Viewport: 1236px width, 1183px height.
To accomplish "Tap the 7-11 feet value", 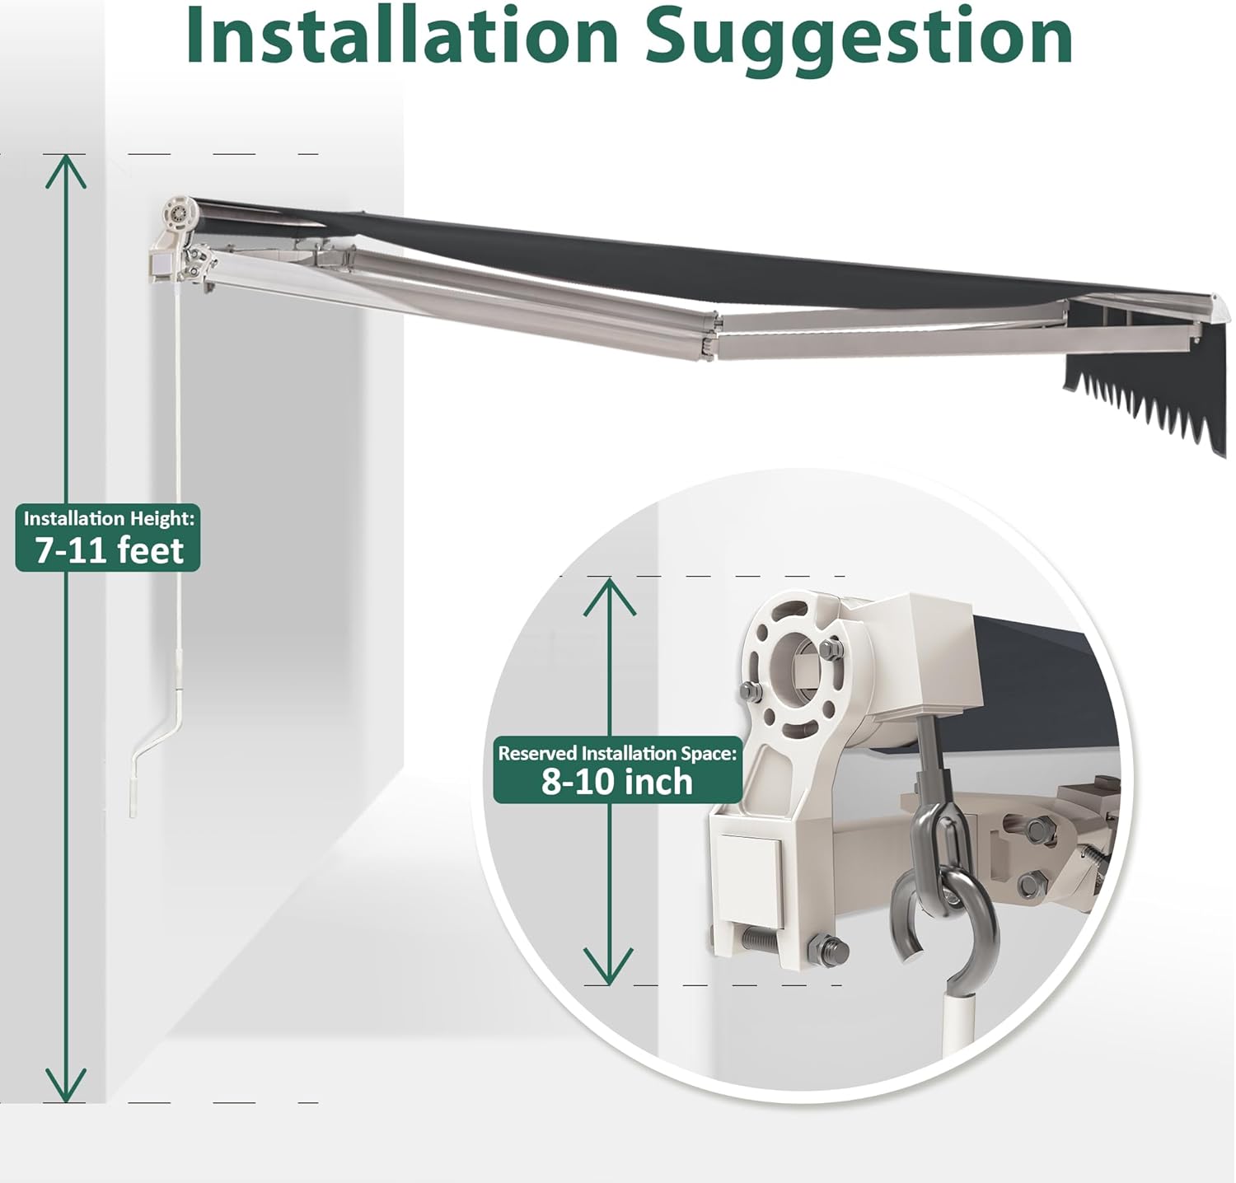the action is tap(109, 550).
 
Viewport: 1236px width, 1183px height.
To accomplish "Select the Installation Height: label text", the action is tap(109, 519).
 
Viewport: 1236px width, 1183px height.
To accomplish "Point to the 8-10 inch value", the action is tap(617, 781).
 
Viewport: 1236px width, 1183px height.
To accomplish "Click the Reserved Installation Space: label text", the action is tap(617, 753).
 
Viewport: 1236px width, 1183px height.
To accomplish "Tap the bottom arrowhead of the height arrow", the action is tap(65, 1085).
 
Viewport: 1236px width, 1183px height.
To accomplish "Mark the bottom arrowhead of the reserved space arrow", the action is tap(609, 966).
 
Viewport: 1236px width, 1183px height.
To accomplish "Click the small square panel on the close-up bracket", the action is tap(748, 877).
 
